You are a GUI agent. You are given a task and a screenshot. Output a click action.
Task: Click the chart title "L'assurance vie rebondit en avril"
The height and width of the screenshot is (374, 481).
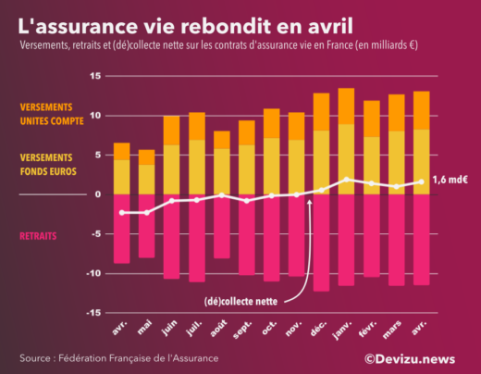185,21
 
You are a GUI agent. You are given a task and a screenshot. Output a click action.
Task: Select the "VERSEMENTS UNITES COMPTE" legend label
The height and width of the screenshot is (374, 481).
58,113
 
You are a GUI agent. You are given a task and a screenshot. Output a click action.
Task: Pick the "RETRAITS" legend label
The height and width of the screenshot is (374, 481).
38,236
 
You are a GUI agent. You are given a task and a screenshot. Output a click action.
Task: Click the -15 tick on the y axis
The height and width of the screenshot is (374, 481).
92,313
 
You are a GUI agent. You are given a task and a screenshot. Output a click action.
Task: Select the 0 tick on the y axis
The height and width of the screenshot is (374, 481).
97,194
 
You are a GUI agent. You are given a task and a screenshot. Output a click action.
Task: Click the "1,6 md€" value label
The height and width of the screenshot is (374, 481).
450,180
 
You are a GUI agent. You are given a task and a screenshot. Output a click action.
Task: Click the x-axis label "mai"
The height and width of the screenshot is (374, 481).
146,326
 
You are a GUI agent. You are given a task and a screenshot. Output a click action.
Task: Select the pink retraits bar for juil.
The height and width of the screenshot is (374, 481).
196,237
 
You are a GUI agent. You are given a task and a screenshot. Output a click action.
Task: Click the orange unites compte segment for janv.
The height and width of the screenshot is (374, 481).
346,106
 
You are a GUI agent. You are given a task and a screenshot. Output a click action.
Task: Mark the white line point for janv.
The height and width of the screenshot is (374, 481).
346,180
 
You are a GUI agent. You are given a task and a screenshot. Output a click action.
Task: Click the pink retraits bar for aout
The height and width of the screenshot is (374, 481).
221,226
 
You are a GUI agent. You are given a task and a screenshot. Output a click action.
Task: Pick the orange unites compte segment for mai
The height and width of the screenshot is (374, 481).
146,157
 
